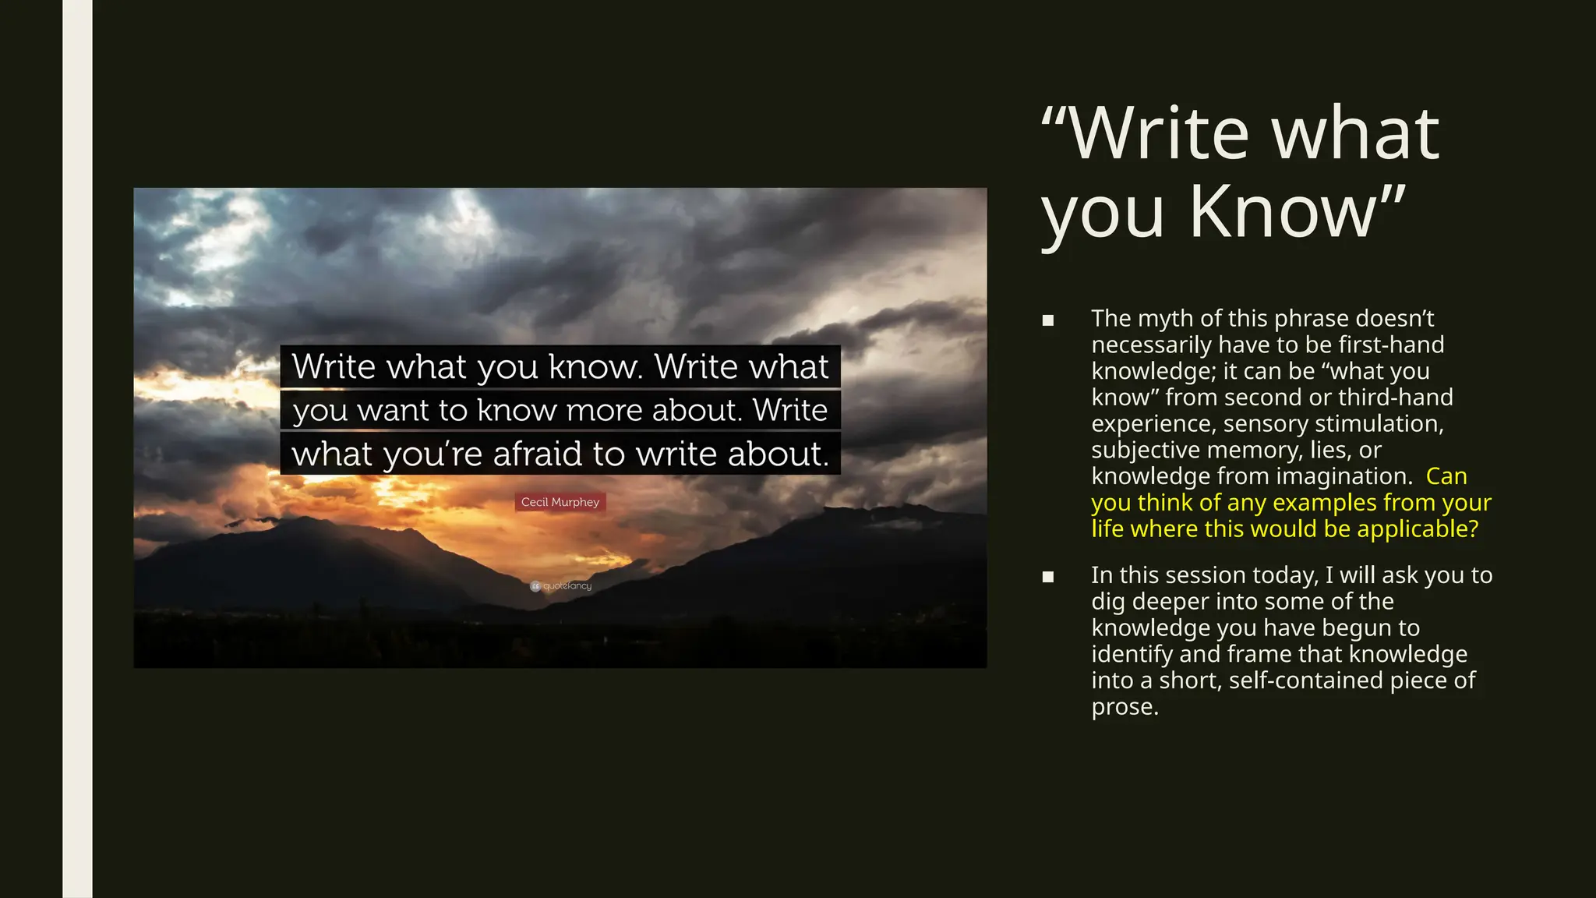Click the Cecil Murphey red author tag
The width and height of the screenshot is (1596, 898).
pyautogui.click(x=560, y=502)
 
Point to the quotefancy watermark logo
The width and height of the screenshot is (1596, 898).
pyautogui.click(x=561, y=586)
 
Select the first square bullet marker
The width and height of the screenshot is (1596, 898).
pyautogui.click(x=1048, y=320)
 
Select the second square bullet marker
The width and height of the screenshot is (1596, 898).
pyautogui.click(x=1048, y=577)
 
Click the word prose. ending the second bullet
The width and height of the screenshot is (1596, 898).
pyautogui.click(x=1125, y=707)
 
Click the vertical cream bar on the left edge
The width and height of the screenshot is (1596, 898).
pyautogui.click(x=77, y=449)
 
